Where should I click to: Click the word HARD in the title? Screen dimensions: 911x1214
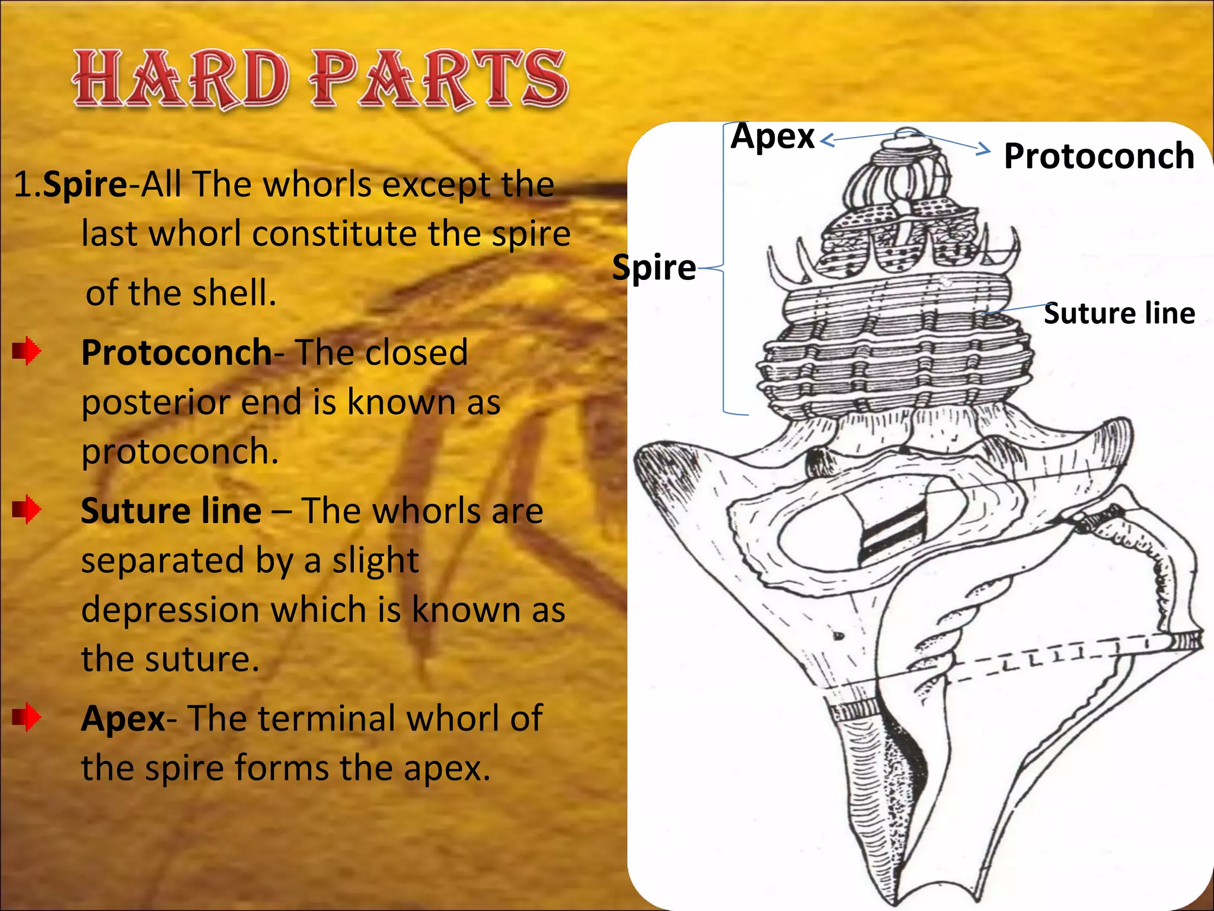click(x=181, y=80)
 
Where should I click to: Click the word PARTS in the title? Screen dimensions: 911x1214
click(x=439, y=80)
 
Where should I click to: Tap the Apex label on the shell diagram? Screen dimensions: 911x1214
click(x=772, y=136)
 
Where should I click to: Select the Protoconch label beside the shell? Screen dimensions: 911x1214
click(x=1098, y=156)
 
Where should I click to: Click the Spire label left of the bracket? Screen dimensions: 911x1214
click(x=654, y=267)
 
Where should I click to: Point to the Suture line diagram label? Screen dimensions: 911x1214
click(x=1119, y=313)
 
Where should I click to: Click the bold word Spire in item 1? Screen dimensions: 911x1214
click(x=85, y=184)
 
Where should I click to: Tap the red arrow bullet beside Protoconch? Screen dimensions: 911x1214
click(x=27, y=351)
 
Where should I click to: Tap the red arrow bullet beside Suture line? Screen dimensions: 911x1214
click(x=27, y=509)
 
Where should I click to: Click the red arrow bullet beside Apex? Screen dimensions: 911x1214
click(x=27, y=717)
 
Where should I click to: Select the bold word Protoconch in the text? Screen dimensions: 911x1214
click(x=176, y=353)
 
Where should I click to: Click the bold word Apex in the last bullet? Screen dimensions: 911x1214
click(x=123, y=719)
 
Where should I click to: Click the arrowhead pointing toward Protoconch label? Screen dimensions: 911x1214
click(x=985, y=148)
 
